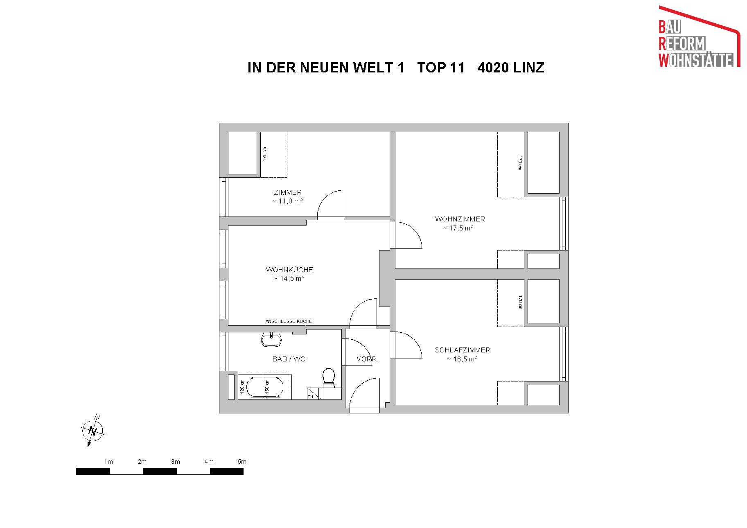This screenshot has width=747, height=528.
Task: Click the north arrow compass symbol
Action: (x=93, y=431)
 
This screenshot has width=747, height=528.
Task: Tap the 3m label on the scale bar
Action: (x=175, y=462)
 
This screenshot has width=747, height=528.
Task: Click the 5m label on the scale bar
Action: (x=242, y=462)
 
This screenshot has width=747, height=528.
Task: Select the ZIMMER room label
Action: (x=288, y=192)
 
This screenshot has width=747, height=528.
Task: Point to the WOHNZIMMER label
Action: (x=460, y=219)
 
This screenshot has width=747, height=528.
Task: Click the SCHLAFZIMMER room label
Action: (x=463, y=350)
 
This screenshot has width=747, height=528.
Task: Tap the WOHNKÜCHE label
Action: (x=289, y=270)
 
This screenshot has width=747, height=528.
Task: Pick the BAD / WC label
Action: (x=289, y=359)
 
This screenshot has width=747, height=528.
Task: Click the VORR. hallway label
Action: (x=368, y=359)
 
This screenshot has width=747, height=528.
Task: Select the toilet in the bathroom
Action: (x=329, y=378)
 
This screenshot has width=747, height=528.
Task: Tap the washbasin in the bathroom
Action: (x=271, y=339)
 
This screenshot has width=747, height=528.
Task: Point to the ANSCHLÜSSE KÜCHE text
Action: (x=289, y=321)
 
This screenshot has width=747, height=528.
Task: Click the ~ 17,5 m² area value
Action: (x=458, y=228)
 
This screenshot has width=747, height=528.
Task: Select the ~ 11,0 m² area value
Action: (x=287, y=201)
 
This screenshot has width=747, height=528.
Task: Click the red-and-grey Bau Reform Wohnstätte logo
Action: (x=700, y=36)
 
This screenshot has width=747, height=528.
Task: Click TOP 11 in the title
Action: (x=441, y=68)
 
